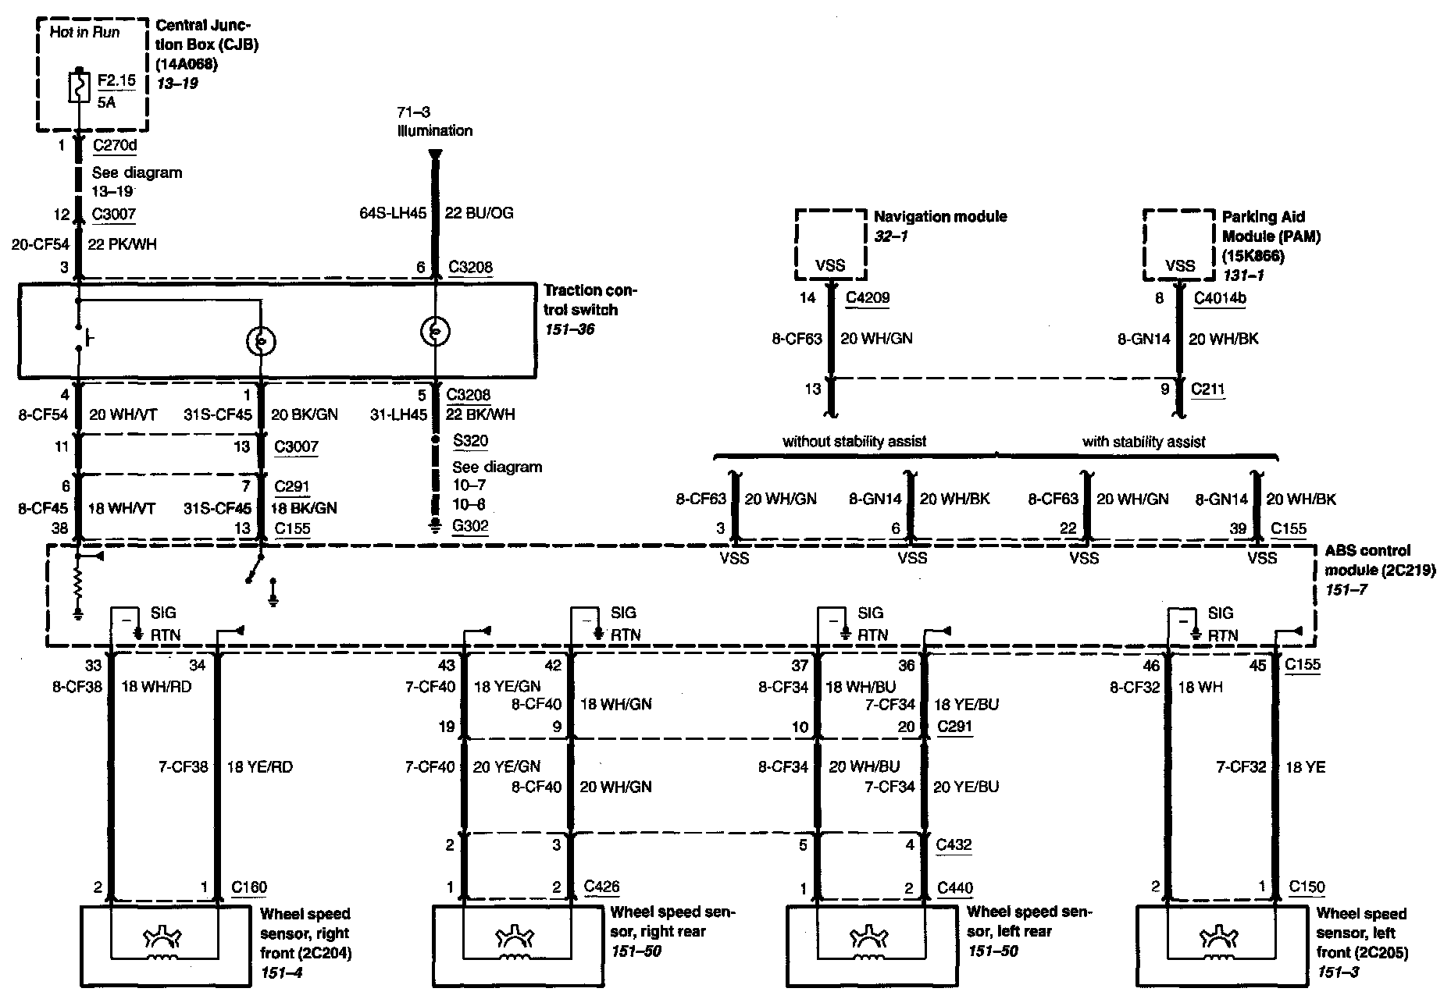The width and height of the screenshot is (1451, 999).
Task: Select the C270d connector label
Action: (115, 144)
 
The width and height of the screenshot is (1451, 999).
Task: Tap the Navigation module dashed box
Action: (830, 244)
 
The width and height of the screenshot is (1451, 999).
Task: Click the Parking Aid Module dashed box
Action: (1179, 244)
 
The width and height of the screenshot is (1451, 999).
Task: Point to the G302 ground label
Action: (470, 525)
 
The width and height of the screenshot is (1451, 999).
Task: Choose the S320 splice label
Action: (470, 440)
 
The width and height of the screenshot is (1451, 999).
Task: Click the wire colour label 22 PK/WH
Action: (122, 244)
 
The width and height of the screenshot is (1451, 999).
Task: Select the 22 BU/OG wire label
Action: (479, 213)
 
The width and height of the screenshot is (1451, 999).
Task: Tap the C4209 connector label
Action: (868, 297)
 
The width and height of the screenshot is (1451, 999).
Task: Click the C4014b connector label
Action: (1220, 297)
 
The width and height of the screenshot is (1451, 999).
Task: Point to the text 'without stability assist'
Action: (854, 441)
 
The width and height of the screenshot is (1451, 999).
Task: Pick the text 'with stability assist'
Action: (1143, 442)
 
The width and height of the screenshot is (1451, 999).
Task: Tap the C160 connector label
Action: (249, 887)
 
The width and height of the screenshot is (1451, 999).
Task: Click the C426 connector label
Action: (601, 887)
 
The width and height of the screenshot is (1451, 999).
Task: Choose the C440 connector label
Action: (954, 887)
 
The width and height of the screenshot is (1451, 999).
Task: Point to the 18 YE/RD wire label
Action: (259, 767)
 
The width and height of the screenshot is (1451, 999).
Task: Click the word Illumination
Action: (435, 130)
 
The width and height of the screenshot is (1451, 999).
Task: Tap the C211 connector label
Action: (1208, 389)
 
